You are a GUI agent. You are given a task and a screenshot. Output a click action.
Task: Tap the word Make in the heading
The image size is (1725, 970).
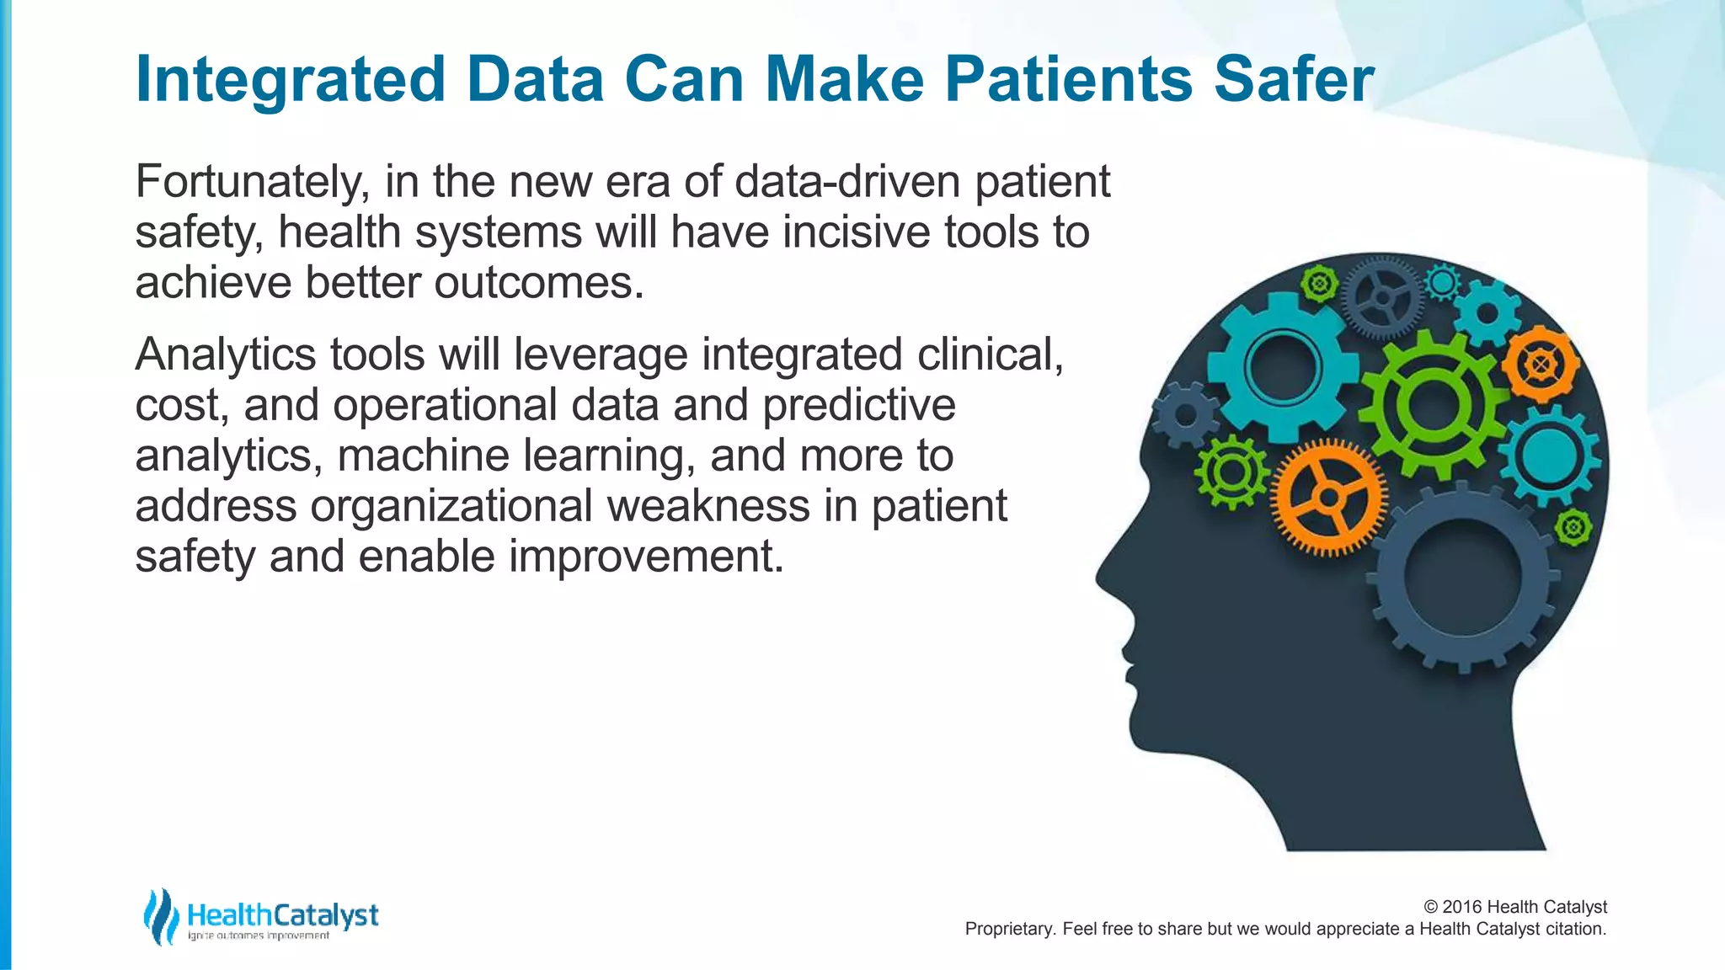pyautogui.click(x=846, y=79)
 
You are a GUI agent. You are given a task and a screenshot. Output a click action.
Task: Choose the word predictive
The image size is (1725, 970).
pyautogui.click(x=858, y=406)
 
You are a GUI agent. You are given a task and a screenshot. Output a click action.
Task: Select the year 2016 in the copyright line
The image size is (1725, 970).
pyautogui.click(x=1462, y=907)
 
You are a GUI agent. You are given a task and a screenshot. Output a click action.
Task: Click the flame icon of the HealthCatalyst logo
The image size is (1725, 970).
pyautogui.click(x=160, y=916)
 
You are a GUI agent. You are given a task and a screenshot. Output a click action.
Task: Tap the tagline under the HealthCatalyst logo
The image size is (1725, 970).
pyautogui.click(x=259, y=935)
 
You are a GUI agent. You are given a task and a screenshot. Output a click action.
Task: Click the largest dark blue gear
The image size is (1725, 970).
pyautogui.click(x=1462, y=579)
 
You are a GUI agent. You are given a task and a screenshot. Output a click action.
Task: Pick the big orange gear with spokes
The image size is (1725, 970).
pyautogui.click(x=1329, y=498)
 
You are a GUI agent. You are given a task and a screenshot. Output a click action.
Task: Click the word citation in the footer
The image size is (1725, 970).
pyautogui.click(x=1575, y=929)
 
